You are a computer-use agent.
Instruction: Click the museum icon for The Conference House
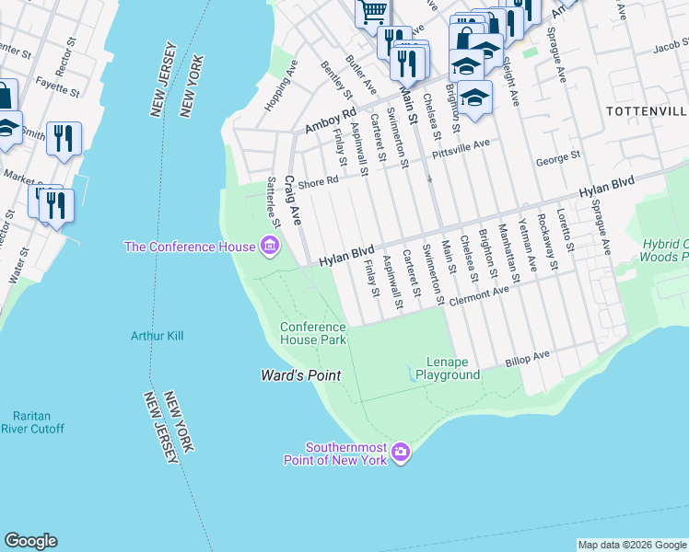[x=270, y=246]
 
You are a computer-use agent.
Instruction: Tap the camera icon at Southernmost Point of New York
[x=400, y=452]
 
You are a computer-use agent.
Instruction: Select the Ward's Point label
[x=300, y=375]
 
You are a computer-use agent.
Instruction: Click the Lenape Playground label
[x=448, y=368]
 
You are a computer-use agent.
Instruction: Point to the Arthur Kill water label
[x=157, y=336]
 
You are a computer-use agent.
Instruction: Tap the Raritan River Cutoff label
[x=33, y=422]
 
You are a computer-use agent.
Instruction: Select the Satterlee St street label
[x=273, y=202]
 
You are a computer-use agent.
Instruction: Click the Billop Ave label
[x=526, y=359]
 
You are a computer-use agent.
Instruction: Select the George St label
[x=558, y=159]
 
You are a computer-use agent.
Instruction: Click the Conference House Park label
[x=313, y=333]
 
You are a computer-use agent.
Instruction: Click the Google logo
[x=30, y=541]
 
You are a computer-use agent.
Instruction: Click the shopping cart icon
[x=372, y=12]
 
